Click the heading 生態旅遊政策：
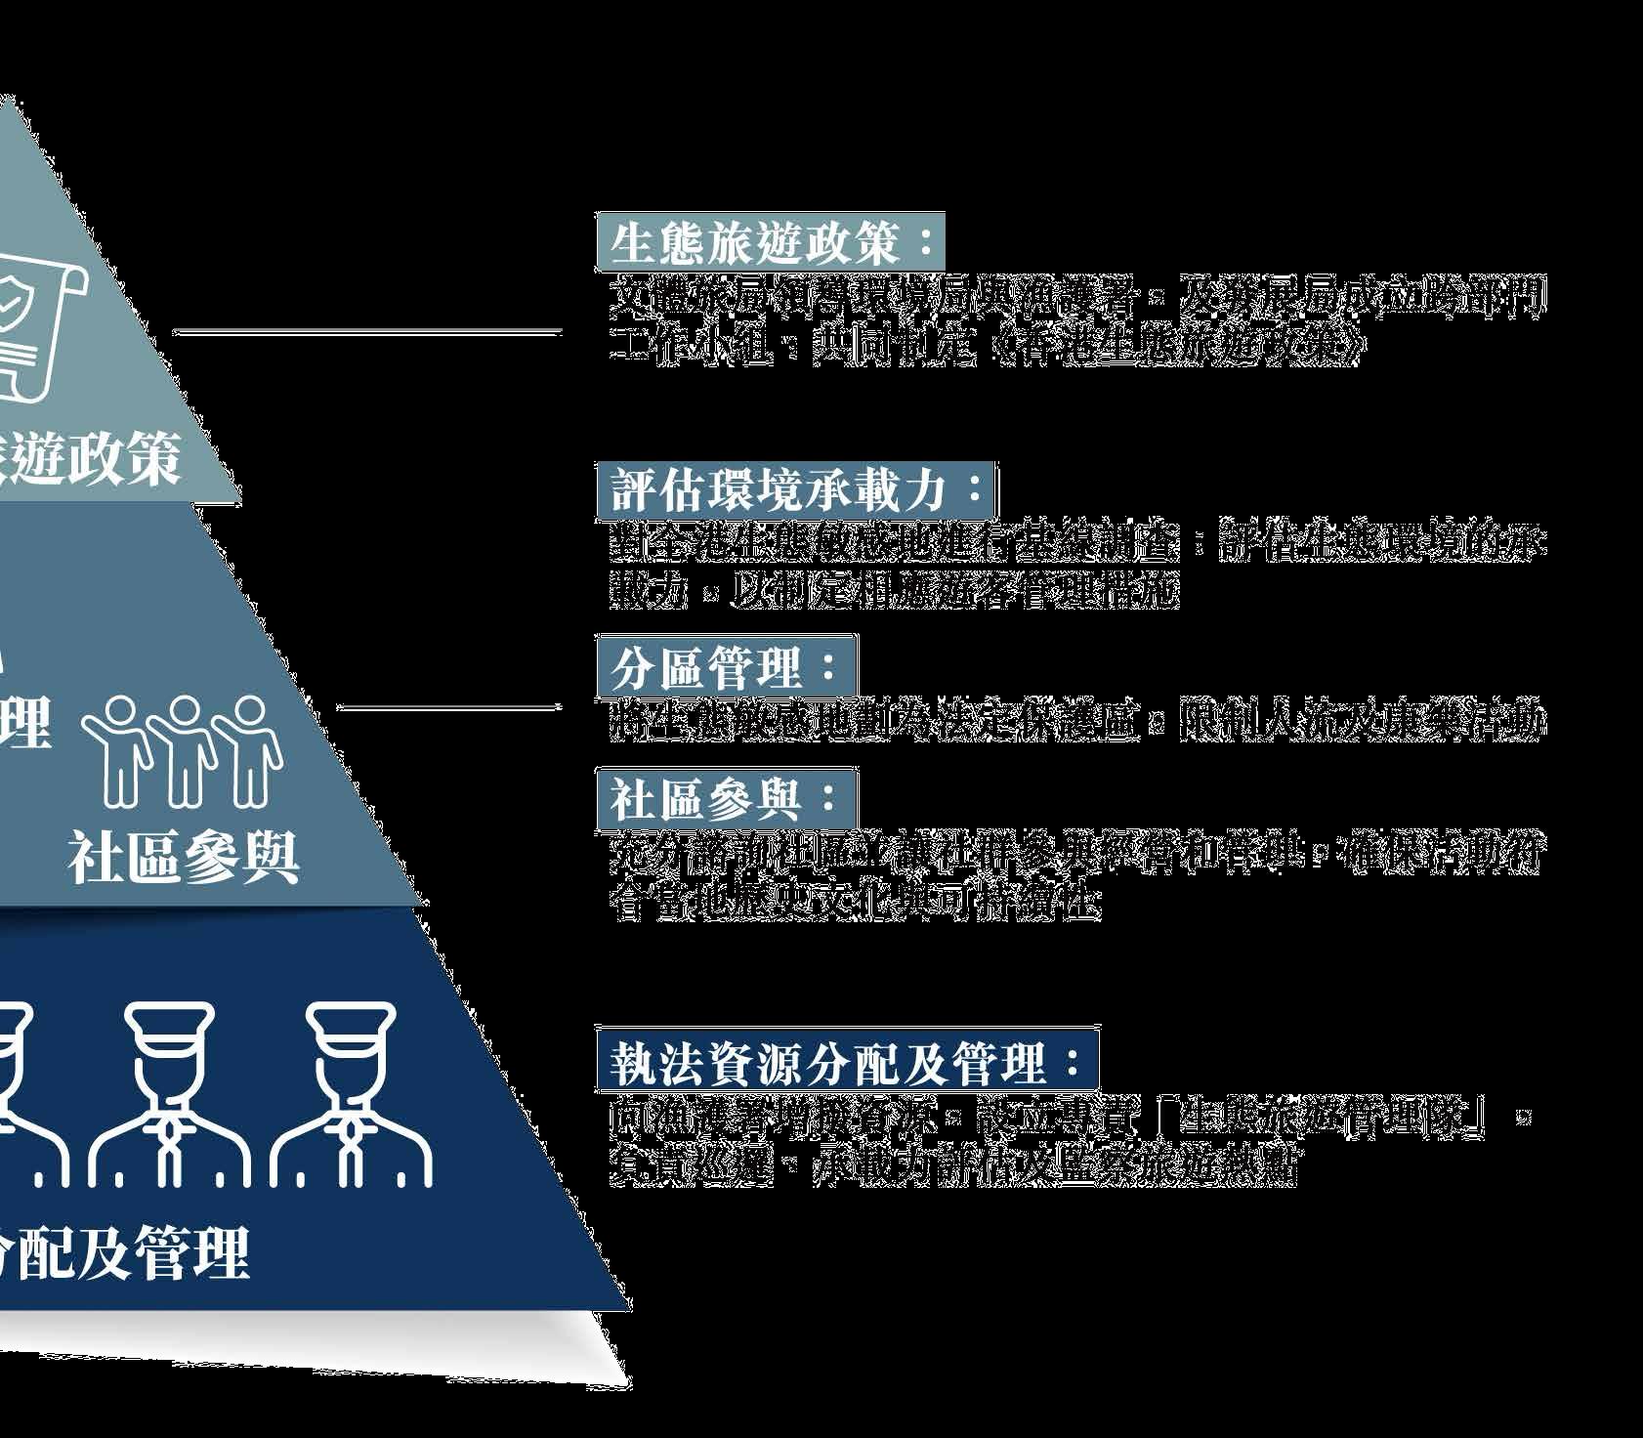tap(771, 241)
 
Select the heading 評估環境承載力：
tap(797, 490)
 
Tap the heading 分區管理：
tap(726, 668)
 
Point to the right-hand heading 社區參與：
tap(726, 799)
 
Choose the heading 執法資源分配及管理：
tap(847, 1063)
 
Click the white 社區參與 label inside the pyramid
tap(184, 859)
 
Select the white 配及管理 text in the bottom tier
tap(127, 1253)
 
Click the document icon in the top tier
tap(34, 322)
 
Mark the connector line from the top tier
tap(366, 333)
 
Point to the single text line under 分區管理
tap(1074, 721)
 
